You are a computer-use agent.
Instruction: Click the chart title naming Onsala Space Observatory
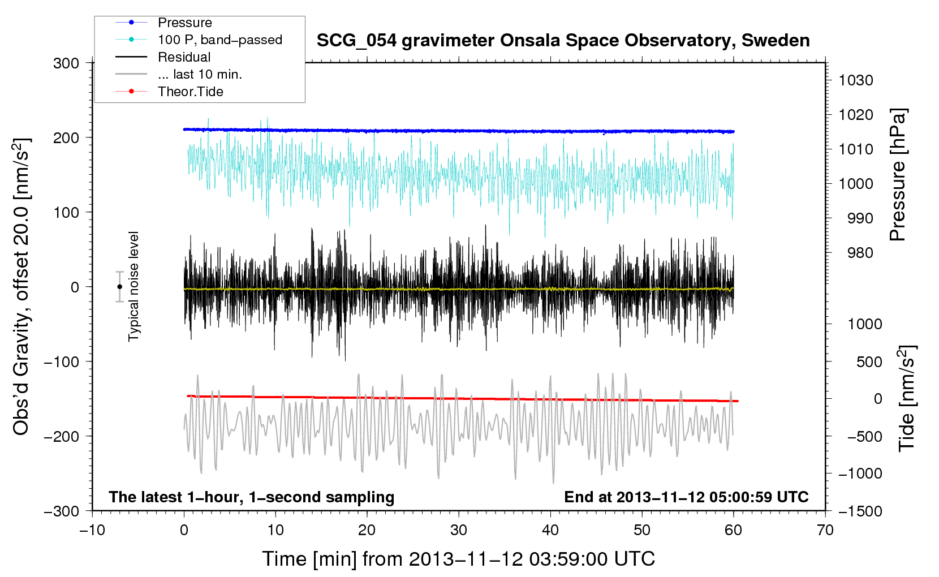[563, 41]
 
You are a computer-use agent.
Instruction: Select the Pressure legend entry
[184, 23]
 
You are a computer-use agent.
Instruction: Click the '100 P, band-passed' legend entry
[219, 40]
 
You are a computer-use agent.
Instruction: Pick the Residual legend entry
[184, 57]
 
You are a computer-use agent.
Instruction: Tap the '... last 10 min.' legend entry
[200, 74]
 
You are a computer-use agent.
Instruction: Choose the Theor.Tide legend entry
[190, 92]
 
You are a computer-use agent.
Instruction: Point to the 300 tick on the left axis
[66, 63]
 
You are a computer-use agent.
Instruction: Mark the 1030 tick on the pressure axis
[855, 80]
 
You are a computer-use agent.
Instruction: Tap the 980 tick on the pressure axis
[860, 253]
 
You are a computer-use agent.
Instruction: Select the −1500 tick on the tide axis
[860, 511]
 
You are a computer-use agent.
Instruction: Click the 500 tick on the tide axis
[869, 362]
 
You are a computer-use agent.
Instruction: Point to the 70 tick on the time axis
[825, 530]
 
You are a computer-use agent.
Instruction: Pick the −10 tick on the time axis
[92, 530]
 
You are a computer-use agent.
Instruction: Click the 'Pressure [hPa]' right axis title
[898, 175]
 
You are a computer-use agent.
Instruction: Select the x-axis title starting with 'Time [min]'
[458, 559]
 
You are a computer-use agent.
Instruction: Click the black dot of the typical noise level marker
[119, 287]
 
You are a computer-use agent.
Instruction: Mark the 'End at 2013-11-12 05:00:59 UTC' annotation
[686, 497]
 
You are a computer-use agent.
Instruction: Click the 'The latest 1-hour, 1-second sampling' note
[252, 497]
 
